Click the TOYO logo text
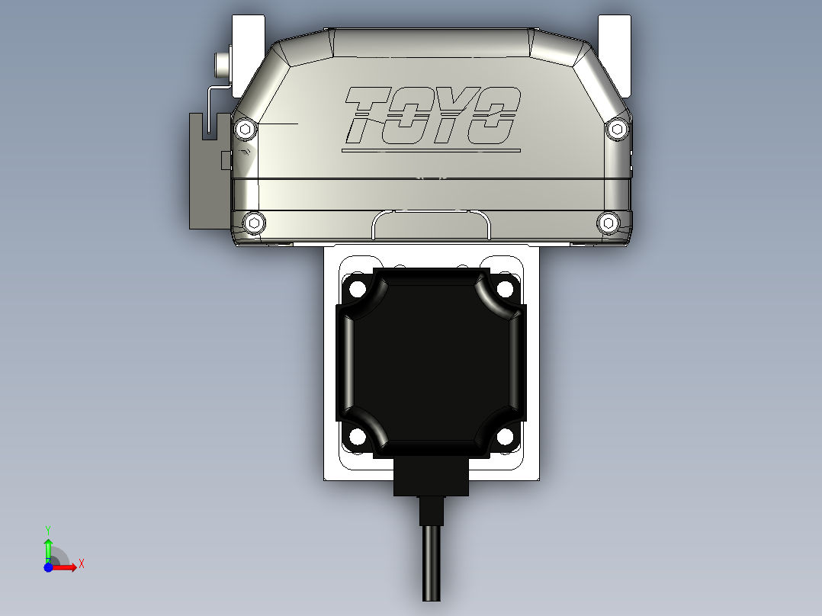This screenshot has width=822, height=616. tap(432, 116)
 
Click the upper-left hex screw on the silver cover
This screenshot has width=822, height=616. tap(244, 129)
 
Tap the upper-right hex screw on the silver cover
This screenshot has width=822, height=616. tap(616, 130)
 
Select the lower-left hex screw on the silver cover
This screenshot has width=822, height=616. tap(255, 223)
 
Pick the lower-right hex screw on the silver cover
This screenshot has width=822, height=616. tap(607, 223)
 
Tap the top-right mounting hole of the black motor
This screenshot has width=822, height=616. tap(505, 289)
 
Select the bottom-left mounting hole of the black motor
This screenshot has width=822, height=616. tap(356, 437)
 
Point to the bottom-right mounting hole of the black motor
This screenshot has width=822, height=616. tap(505, 437)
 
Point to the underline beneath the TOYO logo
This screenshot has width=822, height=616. tap(431, 150)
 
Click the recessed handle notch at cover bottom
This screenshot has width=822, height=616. tap(431, 226)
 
